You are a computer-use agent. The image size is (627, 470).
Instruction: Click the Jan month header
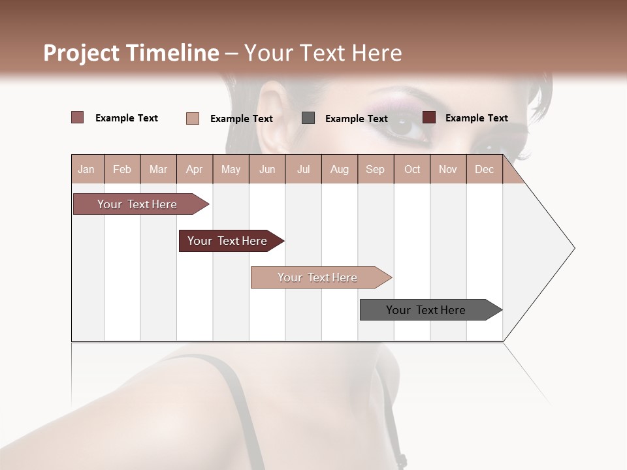(x=86, y=169)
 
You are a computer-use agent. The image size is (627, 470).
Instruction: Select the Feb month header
(x=122, y=169)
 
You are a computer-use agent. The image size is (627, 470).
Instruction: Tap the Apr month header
(x=194, y=169)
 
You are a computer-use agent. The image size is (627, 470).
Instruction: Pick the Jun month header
(x=267, y=169)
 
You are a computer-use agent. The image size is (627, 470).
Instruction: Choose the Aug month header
(x=340, y=169)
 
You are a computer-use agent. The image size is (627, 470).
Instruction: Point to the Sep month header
(x=375, y=169)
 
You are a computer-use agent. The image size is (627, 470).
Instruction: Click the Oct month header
(x=412, y=169)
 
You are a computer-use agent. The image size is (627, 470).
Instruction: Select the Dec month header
(x=484, y=169)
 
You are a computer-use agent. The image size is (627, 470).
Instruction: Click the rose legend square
(x=78, y=117)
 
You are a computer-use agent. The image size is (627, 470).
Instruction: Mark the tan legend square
(x=193, y=118)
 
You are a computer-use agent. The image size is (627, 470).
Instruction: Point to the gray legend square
(x=308, y=118)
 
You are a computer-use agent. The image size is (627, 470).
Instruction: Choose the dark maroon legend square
(x=429, y=117)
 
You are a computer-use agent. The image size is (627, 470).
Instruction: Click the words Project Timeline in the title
(x=131, y=53)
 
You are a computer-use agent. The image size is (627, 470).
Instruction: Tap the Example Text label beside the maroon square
(x=476, y=118)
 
